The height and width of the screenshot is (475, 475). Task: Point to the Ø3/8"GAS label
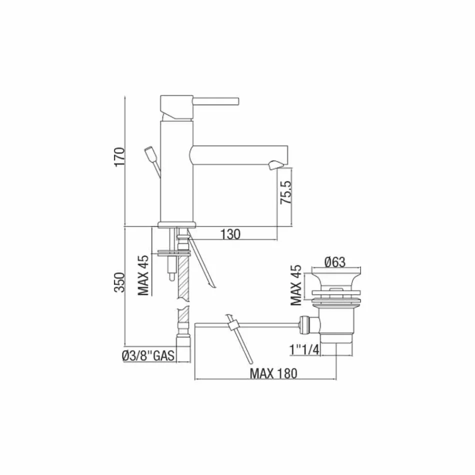(147, 356)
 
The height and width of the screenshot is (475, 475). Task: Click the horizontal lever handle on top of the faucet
(216, 101)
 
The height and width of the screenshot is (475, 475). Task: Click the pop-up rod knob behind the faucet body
(149, 151)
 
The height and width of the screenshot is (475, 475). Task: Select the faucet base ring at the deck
(175, 224)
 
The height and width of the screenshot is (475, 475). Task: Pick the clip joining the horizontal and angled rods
(232, 326)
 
